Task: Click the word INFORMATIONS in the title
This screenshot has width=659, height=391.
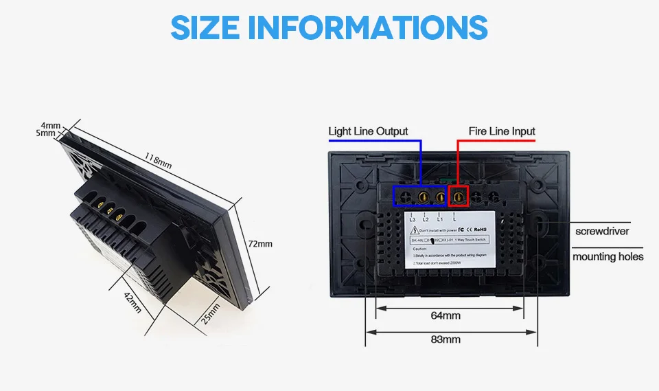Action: click(x=367, y=27)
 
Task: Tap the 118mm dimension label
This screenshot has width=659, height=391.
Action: click(x=159, y=160)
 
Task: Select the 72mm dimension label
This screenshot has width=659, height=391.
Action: click(x=260, y=243)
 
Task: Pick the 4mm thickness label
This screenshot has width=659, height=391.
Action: click(x=51, y=126)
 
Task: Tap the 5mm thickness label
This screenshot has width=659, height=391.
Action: click(x=46, y=133)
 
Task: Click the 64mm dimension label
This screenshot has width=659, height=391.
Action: click(x=446, y=315)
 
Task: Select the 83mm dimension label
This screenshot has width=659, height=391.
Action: click(x=446, y=339)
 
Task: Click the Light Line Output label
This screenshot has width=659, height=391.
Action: click(x=368, y=131)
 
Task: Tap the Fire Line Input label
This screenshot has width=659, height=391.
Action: click(x=502, y=131)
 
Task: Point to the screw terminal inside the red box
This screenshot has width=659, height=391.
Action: click(x=458, y=197)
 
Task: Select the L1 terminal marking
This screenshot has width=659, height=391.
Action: click(x=439, y=219)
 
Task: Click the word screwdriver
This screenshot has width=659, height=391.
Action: click(x=602, y=232)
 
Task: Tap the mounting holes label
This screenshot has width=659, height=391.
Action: click(x=608, y=256)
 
